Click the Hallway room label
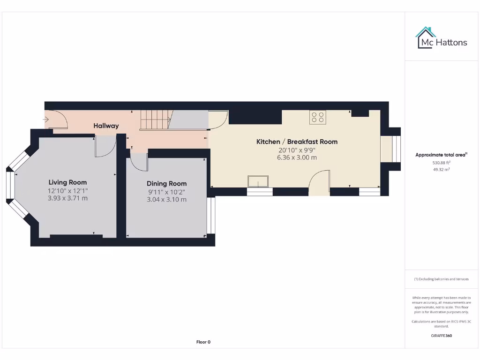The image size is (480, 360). [106, 126]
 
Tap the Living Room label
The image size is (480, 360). [67, 182]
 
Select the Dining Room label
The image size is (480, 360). [166, 184]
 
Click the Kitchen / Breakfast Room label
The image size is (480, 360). [297, 142]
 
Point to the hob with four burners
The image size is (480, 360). [317, 117]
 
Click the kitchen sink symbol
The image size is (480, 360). [258, 181]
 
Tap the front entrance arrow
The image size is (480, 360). [46, 120]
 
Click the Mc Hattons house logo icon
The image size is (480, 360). [425, 37]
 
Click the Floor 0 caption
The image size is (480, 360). [203, 342]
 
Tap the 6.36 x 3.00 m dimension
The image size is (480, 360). [297, 157]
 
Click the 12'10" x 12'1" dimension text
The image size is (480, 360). [67, 191]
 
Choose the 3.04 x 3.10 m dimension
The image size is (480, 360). [166, 199]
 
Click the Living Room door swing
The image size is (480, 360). [104, 146]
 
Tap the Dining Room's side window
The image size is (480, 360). [211, 215]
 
